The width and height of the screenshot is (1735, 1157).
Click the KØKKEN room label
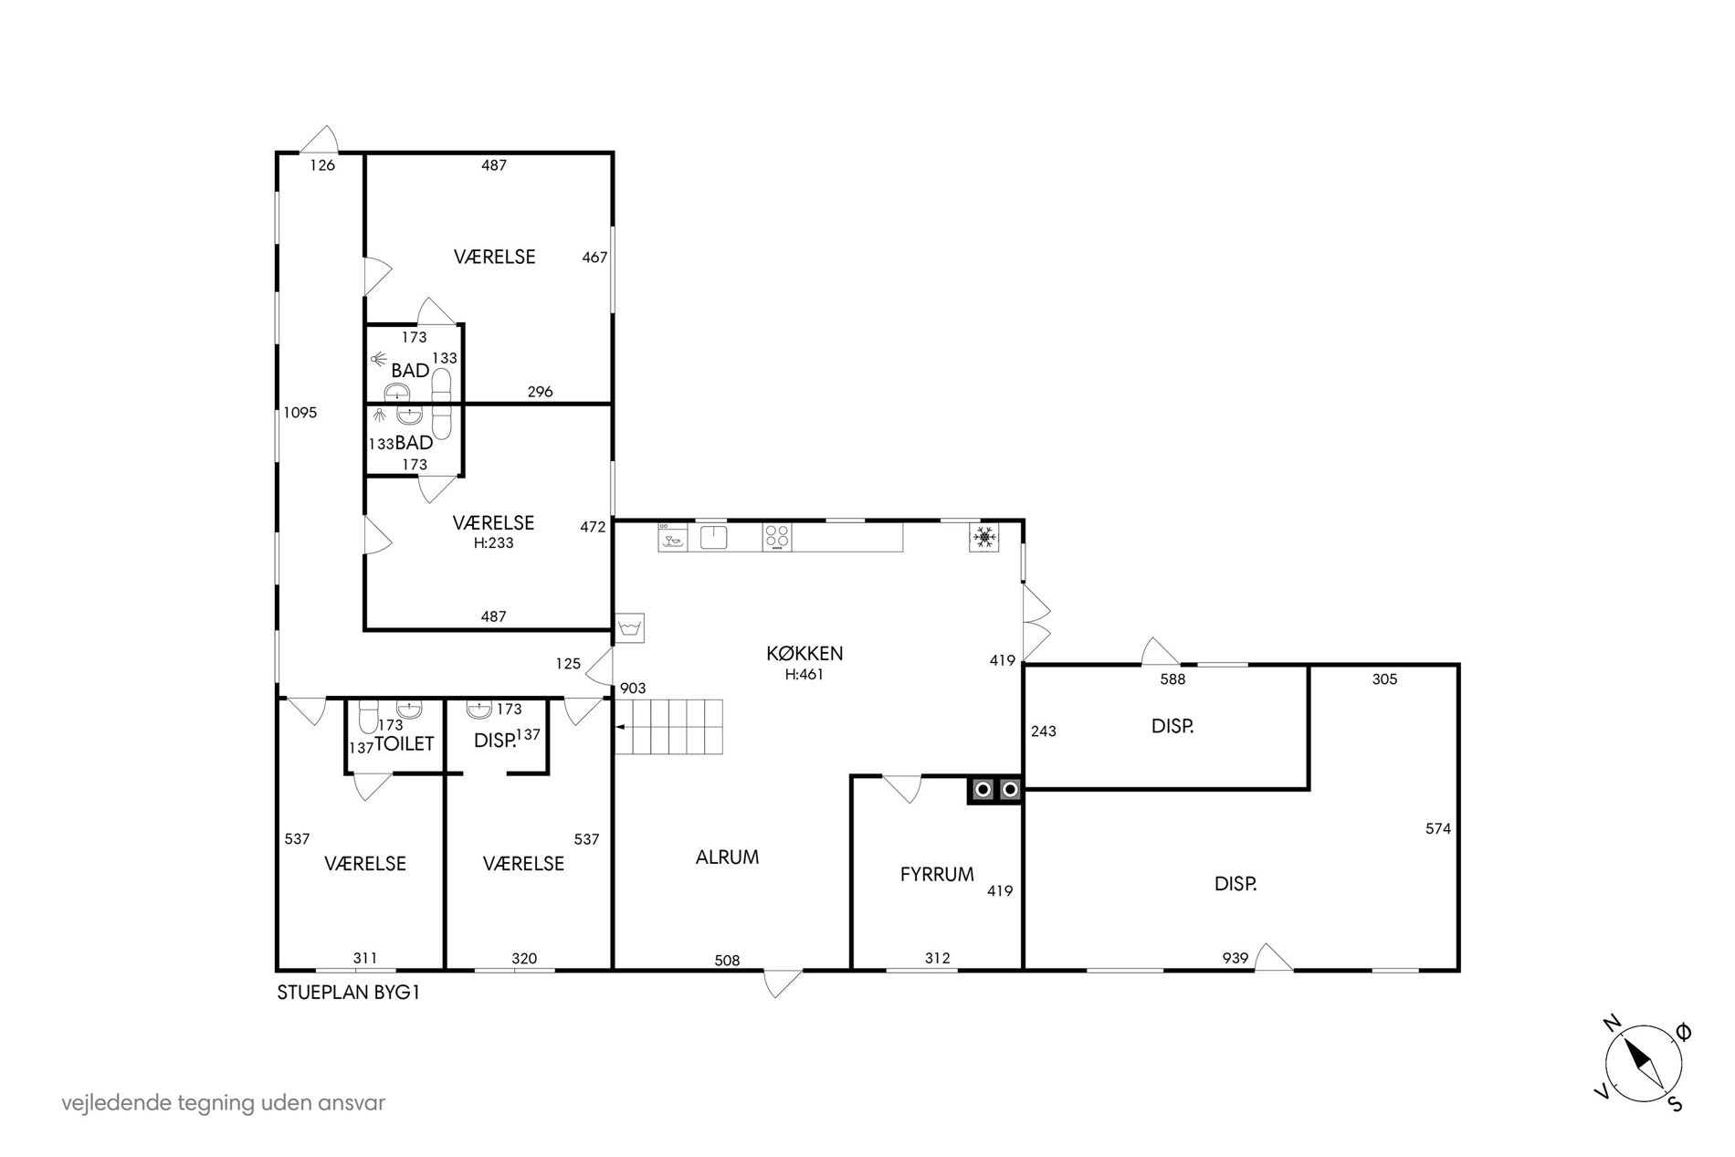click(804, 653)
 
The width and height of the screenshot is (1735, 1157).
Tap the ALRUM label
click(727, 857)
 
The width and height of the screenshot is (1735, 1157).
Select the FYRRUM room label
click(937, 874)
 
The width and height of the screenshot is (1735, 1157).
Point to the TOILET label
click(405, 743)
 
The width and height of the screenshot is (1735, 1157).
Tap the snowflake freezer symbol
click(984, 538)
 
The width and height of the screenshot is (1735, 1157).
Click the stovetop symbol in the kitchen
click(777, 537)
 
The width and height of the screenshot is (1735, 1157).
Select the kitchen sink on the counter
click(713, 537)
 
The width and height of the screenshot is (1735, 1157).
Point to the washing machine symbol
click(629, 627)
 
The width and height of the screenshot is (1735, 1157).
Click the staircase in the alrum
click(668, 727)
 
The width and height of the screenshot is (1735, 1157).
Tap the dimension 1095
click(300, 413)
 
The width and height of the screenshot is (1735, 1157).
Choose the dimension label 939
click(1236, 958)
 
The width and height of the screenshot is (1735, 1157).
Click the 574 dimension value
click(1438, 829)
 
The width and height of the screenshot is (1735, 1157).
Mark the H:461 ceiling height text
click(804, 675)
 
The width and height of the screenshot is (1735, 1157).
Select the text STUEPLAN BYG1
click(349, 994)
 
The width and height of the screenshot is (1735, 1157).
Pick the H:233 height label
click(494, 542)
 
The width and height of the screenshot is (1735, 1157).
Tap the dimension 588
click(1172, 679)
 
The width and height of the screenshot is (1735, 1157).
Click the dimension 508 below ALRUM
click(727, 961)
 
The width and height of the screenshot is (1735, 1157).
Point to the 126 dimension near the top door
click(322, 165)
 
